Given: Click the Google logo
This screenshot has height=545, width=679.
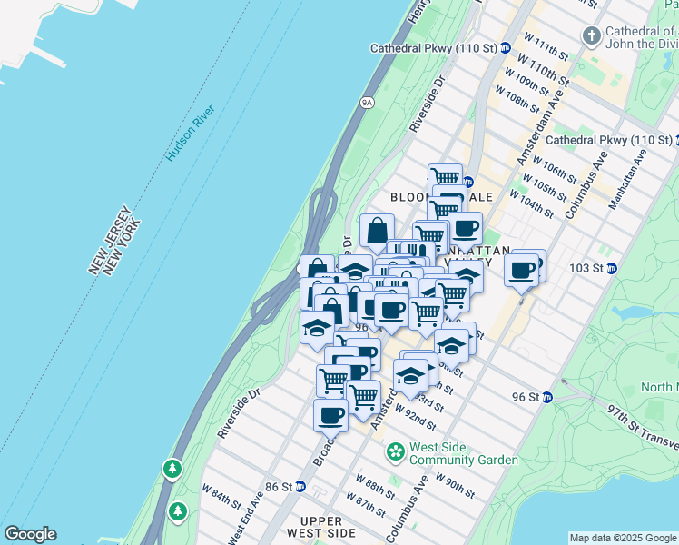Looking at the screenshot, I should coord(30,534).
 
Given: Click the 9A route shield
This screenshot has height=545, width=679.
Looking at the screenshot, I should coord(368,102).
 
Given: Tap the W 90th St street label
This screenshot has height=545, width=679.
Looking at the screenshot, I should coord(455,485).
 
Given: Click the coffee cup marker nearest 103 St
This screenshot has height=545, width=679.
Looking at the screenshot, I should coord(522,270).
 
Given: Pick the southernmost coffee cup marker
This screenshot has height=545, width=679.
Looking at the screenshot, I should coord(330,416).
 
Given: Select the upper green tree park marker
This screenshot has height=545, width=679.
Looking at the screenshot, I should coord(172,469).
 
